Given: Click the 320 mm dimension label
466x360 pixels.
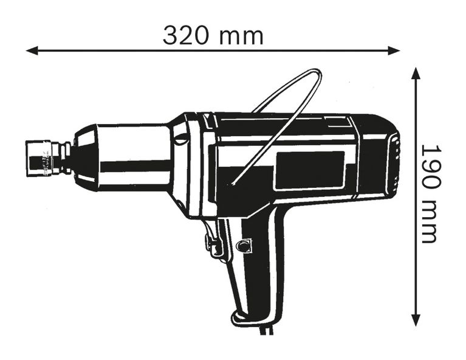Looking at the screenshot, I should pos(213,36).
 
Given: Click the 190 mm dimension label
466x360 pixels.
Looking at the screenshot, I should pos(430,193).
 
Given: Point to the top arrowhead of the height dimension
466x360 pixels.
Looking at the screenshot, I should pos(416,73).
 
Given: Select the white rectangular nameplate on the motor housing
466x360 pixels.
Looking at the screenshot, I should pos(310,170).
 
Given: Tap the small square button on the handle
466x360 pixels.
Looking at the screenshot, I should pos(244,246).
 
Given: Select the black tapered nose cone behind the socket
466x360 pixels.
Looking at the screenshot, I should pos(84,157).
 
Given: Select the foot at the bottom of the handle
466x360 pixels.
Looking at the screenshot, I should pos(249,317).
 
